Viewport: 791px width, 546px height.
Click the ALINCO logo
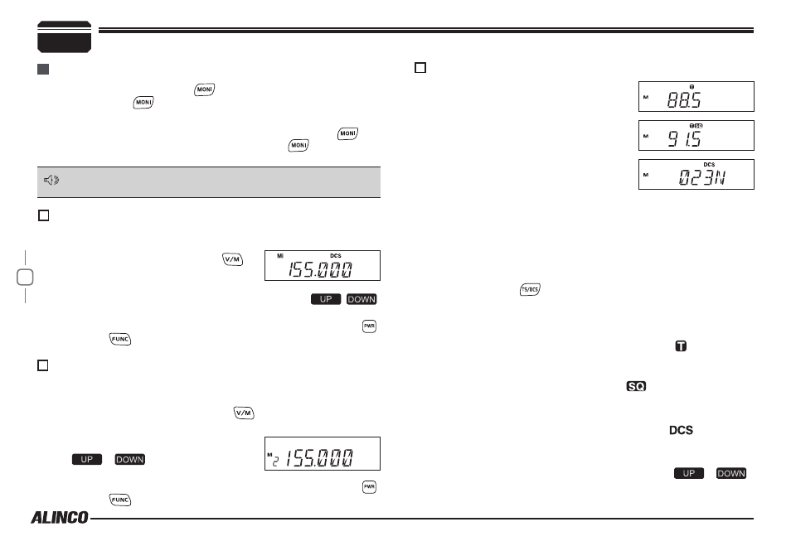[60, 517]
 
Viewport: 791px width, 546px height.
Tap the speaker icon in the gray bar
[51, 180]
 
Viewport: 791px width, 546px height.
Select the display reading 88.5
[696, 96]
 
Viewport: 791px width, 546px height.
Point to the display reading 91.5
[696, 135]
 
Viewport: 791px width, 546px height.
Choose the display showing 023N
[696, 175]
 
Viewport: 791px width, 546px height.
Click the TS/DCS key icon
[530, 289]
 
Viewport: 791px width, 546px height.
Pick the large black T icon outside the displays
[681, 345]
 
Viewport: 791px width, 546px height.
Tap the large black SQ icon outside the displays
[636, 386]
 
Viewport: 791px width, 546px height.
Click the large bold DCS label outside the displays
[681, 430]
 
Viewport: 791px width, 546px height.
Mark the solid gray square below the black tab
[43, 69]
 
